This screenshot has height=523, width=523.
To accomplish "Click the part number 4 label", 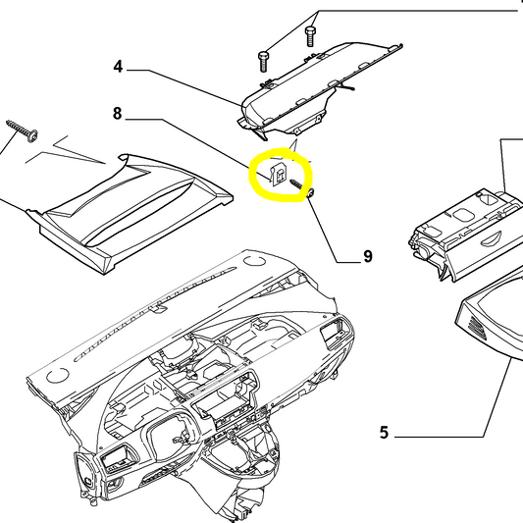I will (x=118, y=68).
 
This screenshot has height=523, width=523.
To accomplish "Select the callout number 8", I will (x=118, y=115).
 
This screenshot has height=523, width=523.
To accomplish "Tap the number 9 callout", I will (x=368, y=257).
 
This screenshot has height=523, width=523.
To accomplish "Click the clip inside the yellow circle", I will (x=277, y=175).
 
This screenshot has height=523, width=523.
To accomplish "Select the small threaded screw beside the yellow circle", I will (x=310, y=195).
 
